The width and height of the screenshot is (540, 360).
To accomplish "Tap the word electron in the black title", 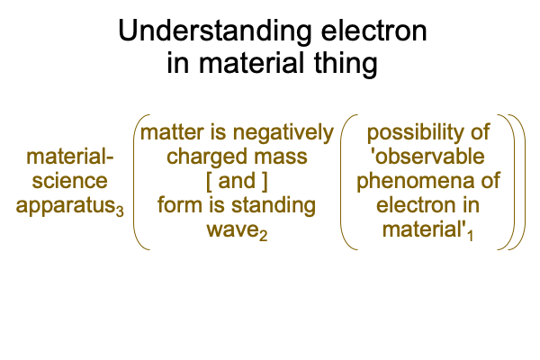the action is pos(374,31).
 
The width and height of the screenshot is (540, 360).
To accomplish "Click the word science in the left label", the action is pos(69,181).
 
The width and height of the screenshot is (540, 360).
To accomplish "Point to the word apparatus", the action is pos(66,207).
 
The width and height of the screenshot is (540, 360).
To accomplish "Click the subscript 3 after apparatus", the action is pos(120,211).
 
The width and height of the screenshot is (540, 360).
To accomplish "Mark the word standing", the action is pos(273,206).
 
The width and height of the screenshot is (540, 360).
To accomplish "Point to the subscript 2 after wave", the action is pos(263,235).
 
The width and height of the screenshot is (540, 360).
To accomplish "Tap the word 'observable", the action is pos(427,157).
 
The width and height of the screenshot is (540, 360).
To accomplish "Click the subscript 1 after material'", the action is pos(470,235).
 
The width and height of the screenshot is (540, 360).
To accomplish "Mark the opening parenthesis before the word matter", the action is pos(135,182).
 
